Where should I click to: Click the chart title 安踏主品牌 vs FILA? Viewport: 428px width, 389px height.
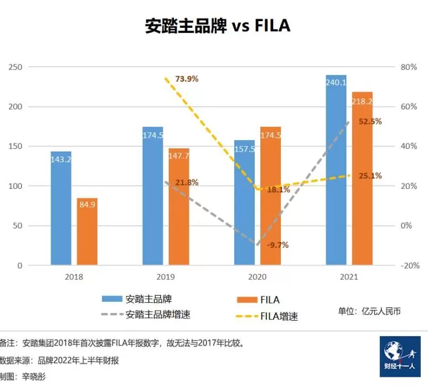pyautogui.click(x=218, y=26)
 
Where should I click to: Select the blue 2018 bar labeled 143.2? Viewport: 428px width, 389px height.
pyautogui.click(x=61, y=211)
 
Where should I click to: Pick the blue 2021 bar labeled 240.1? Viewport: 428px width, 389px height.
pyautogui.click(x=336, y=172)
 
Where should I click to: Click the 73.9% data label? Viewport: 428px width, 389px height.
pyautogui.click(x=187, y=79)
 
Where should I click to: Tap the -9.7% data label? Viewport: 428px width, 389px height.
pyautogui.click(x=277, y=245)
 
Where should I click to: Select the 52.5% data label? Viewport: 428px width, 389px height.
pyautogui.click(x=370, y=121)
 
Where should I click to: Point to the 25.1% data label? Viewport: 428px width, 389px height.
pyautogui.click(x=370, y=176)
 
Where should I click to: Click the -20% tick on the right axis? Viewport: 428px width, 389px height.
pyautogui.click(x=410, y=266)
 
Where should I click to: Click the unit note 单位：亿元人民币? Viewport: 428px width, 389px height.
pyautogui.click(x=369, y=311)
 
